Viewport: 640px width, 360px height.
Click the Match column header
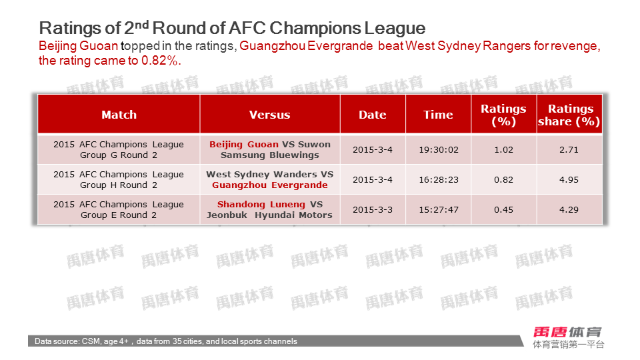point(119,115)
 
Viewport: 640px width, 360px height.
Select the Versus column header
point(270,115)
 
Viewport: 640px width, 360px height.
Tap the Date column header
point(373,115)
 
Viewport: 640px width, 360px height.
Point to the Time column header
point(438,115)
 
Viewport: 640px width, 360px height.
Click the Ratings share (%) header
point(569,115)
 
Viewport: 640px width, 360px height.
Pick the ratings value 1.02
point(504,150)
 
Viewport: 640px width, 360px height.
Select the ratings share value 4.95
point(569,179)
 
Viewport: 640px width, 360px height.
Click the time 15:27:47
point(439,210)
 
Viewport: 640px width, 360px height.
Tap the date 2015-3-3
point(373,210)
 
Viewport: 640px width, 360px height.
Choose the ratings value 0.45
point(504,210)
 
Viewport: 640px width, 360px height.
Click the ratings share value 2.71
point(569,150)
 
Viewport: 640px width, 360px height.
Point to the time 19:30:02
point(439,150)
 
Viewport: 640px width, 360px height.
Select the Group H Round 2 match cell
point(119,179)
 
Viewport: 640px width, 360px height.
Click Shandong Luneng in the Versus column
point(261,204)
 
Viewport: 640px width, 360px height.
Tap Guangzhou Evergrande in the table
point(270,185)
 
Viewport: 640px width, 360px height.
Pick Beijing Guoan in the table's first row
point(244,145)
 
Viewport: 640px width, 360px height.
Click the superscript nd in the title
point(141,25)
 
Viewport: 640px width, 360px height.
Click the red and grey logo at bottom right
point(568,337)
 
